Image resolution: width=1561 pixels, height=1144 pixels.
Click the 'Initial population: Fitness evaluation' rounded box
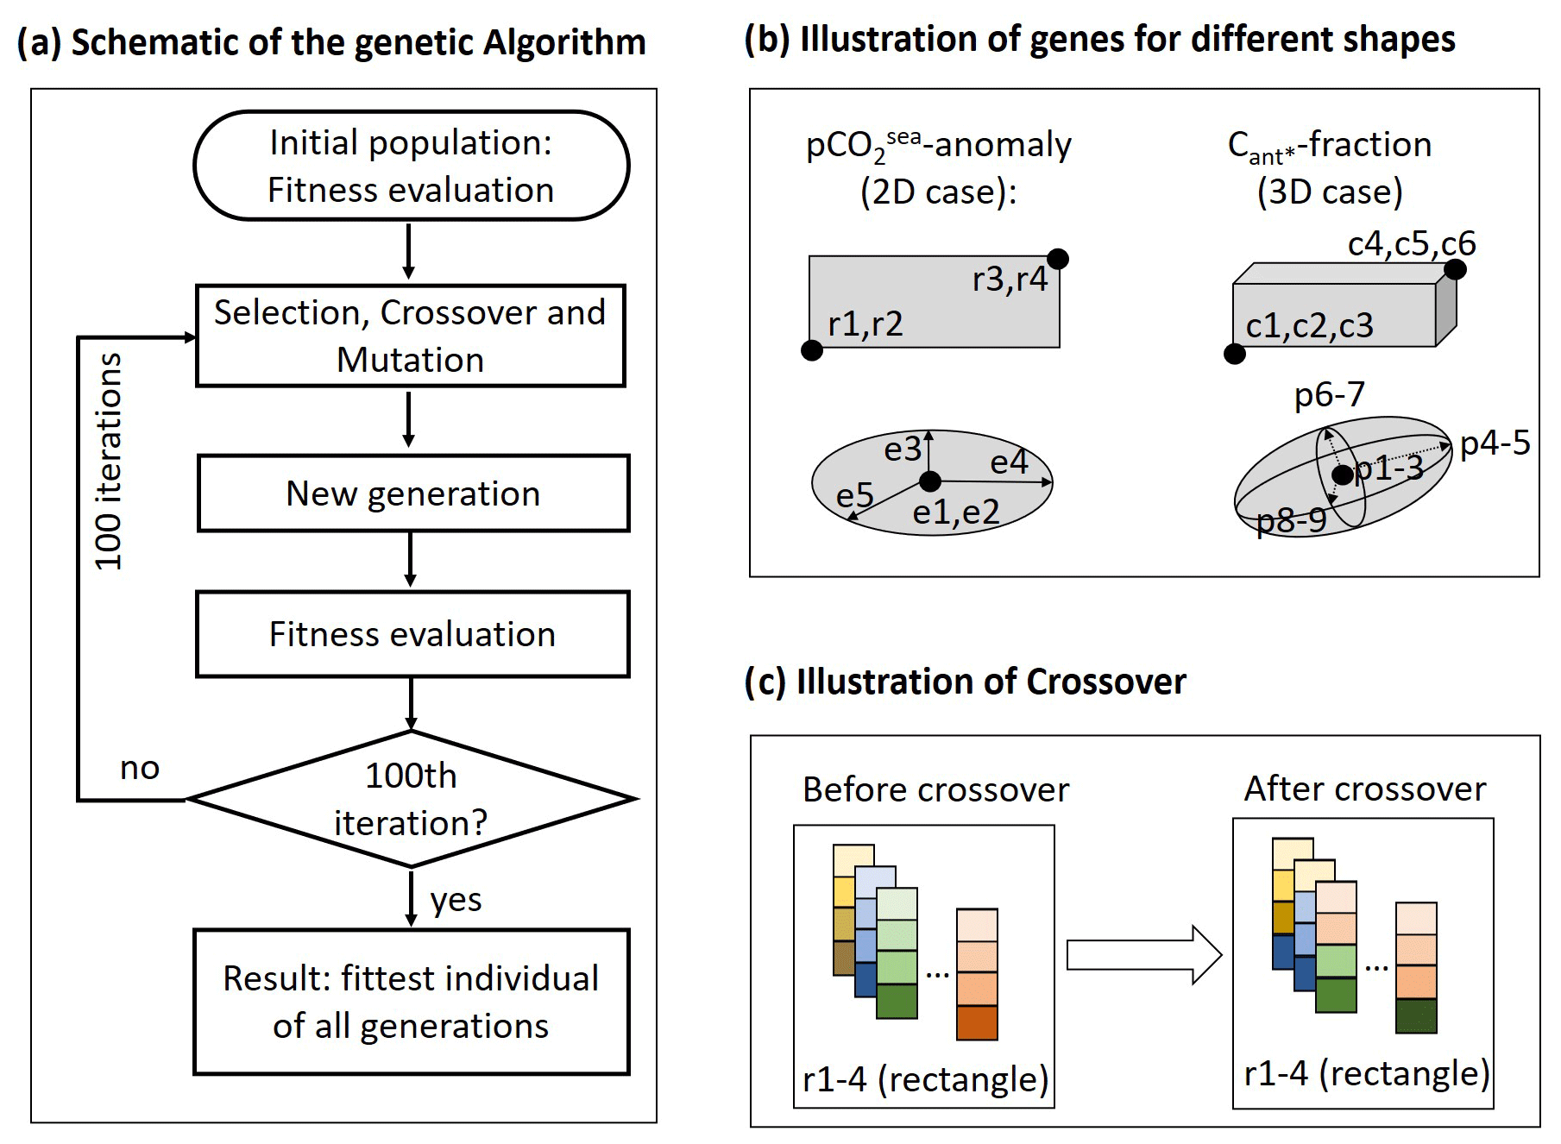[x=411, y=166]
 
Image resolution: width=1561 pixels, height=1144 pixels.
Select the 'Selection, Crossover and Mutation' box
[x=411, y=336]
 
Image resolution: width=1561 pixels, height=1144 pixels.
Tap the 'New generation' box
[x=413, y=493]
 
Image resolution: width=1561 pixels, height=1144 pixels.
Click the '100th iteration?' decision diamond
[x=412, y=799]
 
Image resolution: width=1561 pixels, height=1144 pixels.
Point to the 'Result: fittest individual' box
[x=412, y=1002]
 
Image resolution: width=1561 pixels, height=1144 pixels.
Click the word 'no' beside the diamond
[x=140, y=768]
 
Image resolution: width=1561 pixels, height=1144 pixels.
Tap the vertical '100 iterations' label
[x=109, y=462]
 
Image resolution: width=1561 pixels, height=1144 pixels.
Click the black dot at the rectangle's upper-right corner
[x=1058, y=259]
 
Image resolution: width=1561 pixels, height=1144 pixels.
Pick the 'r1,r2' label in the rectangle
[x=865, y=324]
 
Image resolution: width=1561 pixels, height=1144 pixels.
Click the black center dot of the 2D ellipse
[x=930, y=481]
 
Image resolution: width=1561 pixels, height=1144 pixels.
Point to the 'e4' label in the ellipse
[x=1009, y=462]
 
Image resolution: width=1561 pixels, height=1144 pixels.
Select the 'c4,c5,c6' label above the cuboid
[x=1412, y=244]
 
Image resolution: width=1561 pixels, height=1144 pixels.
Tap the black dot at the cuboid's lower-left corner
[x=1235, y=354]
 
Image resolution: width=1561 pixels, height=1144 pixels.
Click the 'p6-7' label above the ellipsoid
[x=1330, y=394]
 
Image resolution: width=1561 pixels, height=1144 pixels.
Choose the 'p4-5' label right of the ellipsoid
[x=1495, y=443]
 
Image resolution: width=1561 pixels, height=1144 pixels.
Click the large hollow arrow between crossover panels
[x=1144, y=955]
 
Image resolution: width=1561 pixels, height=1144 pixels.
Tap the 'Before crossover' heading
[x=936, y=789]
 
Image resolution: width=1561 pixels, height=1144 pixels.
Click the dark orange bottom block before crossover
[x=978, y=1022]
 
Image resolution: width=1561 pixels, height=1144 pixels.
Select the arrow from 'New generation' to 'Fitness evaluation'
[x=411, y=560]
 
